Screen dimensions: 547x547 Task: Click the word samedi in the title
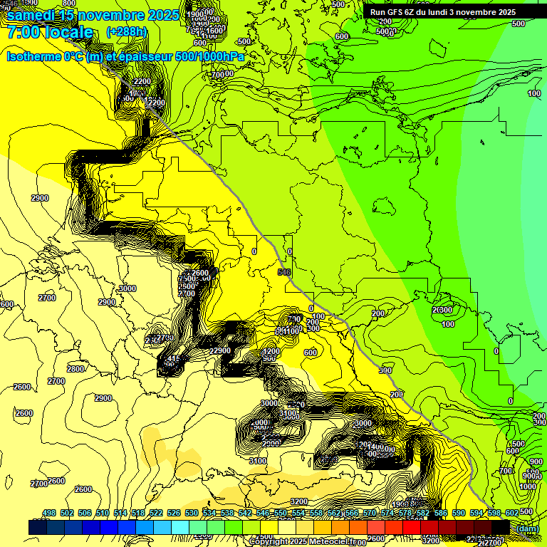point(31,16)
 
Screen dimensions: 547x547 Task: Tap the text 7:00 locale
point(50,32)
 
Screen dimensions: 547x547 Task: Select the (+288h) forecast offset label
point(127,32)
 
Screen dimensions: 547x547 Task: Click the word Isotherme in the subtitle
point(33,56)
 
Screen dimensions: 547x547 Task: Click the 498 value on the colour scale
point(49,514)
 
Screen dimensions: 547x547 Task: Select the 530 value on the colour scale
point(192,514)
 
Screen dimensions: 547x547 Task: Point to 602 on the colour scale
point(511,514)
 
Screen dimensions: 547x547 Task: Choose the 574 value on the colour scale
point(387,514)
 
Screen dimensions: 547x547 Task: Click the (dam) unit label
point(528,528)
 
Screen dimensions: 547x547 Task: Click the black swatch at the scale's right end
point(500,527)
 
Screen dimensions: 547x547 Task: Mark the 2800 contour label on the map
point(75,369)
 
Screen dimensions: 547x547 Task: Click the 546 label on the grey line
point(284,272)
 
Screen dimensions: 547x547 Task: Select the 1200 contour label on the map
point(271,351)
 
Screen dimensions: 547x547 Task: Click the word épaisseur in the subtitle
point(146,56)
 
